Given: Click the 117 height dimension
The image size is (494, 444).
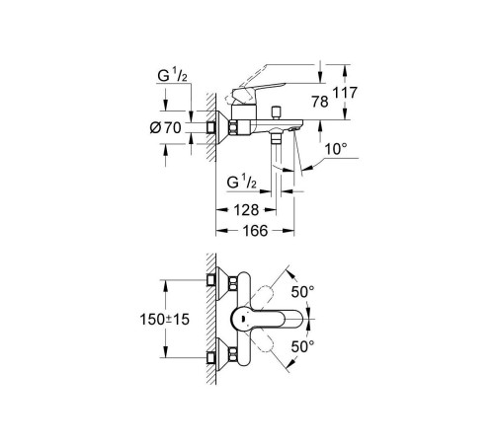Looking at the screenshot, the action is click(x=345, y=93).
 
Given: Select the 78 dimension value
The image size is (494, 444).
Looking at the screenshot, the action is click(x=320, y=102).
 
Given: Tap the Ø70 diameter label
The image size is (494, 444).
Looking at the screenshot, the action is click(x=165, y=127).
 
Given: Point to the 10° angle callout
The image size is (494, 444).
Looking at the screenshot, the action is click(x=336, y=149).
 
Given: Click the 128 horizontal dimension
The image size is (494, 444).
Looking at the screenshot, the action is click(x=246, y=210).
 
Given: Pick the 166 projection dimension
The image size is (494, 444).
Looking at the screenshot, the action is click(x=255, y=231).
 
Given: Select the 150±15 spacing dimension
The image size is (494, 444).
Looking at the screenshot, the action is click(x=165, y=319).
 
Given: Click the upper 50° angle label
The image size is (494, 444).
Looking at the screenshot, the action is click(x=302, y=292).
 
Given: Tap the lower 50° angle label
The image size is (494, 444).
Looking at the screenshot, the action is click(x=302, y=346).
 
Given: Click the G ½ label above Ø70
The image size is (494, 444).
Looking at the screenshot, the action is click(x=172, y=76).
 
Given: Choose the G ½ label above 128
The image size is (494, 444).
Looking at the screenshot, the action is click(x=241, y=182).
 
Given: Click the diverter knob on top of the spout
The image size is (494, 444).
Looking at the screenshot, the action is click(x=276, y=112).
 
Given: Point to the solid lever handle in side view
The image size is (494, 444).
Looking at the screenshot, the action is click(x=258, y=90).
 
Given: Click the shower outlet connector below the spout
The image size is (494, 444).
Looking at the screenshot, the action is click(x=276, y=137).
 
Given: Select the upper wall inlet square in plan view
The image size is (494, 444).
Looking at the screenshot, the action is click(x=211, y=280).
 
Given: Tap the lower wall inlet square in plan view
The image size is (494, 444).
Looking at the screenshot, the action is click(x=211, y=358).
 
